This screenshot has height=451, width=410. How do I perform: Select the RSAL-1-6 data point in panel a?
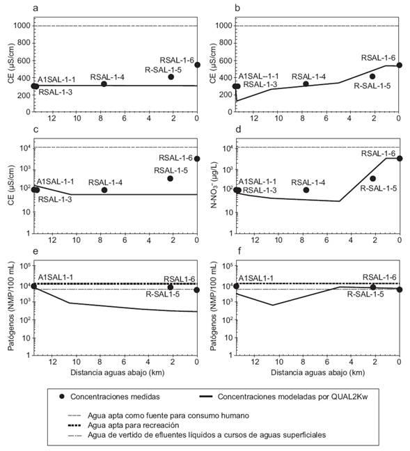[x=197, y=65]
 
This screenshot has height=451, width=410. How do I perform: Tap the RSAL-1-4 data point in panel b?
[x=306, y=84]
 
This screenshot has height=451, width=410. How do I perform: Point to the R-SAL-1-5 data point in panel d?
[x=372, y=179]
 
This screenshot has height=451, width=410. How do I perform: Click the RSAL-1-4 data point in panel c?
[x=104, y=190]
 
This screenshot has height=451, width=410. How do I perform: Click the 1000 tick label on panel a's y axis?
[x=22, y=26]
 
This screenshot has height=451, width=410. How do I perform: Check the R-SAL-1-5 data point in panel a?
[x=171, y=77]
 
